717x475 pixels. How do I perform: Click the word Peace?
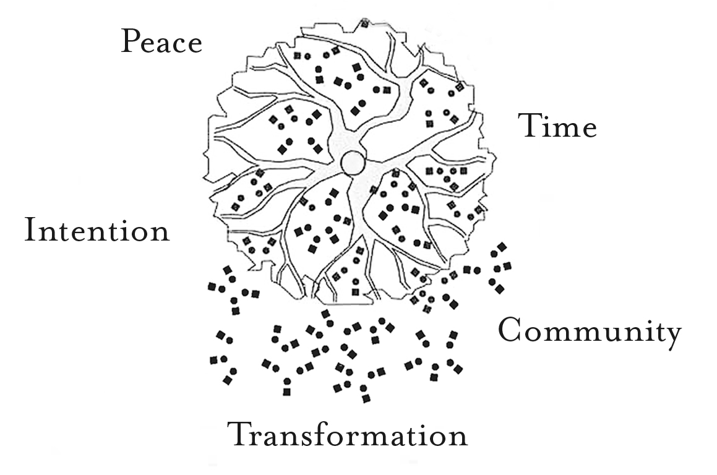161,42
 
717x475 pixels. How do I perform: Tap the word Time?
557,126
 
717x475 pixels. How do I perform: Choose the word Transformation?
348,434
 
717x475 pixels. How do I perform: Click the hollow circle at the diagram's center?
353,163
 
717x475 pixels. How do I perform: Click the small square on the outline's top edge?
364,24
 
